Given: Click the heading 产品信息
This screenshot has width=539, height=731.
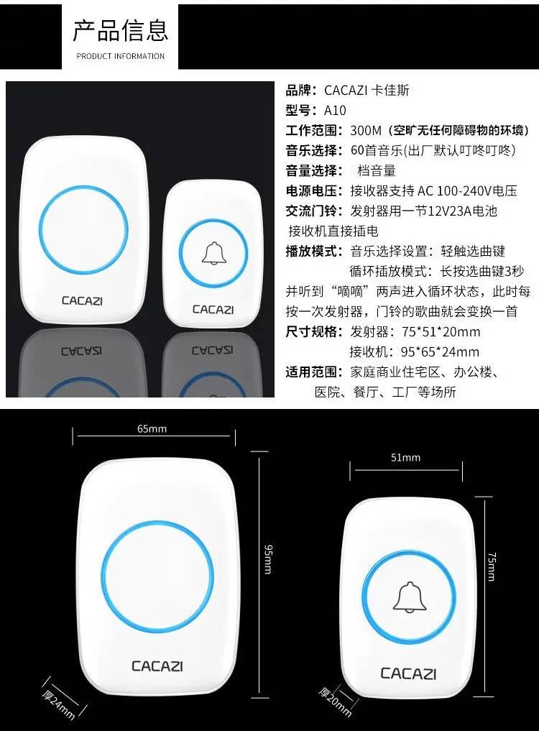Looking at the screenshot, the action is pos(120,30).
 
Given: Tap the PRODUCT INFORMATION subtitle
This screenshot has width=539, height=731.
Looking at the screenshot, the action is pos(120,56).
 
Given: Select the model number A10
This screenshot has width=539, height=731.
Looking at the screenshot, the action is pos(335,111).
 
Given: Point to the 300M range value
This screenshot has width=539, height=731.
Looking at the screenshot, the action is pos(366,131).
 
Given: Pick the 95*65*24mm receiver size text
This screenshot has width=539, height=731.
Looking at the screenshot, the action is pos(440,352).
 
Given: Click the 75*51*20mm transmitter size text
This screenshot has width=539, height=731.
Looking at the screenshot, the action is pos(441,332).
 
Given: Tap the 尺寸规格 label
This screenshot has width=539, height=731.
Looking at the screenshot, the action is pos(310,332).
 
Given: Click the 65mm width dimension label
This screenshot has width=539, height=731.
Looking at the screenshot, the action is pos(152,429).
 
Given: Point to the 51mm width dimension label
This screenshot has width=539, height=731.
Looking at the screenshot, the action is pos(405,458).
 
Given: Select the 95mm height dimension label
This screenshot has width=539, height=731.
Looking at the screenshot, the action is pos(268,559).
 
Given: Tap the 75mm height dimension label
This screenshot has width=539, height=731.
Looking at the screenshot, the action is pos(492,567).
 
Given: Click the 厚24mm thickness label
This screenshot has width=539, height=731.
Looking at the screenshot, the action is pos(59,704).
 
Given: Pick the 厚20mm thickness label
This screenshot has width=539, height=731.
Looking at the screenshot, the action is pos(335,702).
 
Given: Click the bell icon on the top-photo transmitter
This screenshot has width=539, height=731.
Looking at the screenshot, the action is pos(214,254).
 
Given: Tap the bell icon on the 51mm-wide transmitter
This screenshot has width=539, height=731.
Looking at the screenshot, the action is pos(410,597).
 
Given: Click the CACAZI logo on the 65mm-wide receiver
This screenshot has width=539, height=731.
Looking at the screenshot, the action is pos(157,666).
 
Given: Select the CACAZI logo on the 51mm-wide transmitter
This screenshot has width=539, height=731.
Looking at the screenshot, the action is pos(408,673).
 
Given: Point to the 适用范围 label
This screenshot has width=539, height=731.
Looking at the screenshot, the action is pos(310,372).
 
